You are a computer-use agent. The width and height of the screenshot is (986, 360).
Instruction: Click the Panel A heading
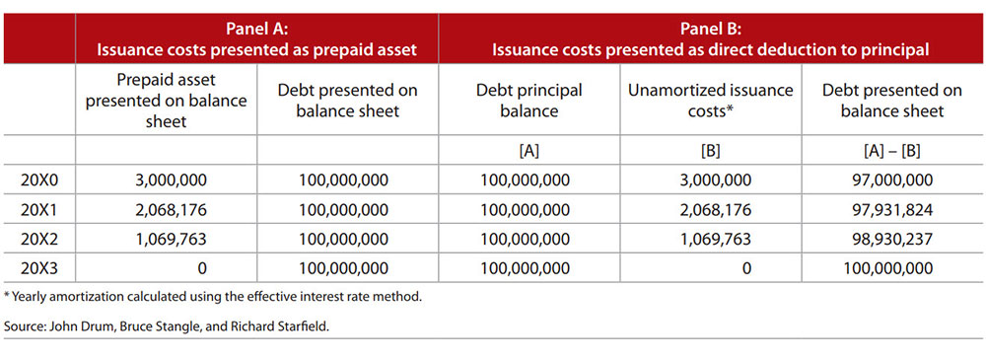coord(256,39)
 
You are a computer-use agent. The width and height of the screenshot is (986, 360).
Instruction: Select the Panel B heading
coord(710,39)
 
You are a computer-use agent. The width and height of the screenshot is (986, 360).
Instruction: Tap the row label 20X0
coord(39,180)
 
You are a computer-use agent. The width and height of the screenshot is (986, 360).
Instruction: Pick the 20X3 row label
coord(39,268)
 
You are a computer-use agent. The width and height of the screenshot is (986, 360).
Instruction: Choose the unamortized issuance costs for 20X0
coord(711,180)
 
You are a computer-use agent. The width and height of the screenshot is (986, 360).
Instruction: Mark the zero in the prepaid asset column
coord(202,268)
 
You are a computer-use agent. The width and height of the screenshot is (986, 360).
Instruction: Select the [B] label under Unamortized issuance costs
coord(711,151)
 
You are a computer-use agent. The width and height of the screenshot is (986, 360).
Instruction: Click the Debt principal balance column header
coord(528,101)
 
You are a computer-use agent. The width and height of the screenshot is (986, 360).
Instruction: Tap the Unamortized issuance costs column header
coord(711,101)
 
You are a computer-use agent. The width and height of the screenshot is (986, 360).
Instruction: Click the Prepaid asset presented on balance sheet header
coord(166,100)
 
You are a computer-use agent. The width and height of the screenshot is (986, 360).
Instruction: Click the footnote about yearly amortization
coord(212,297)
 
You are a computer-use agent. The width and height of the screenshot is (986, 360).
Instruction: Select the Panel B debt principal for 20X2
coord(526,239)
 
